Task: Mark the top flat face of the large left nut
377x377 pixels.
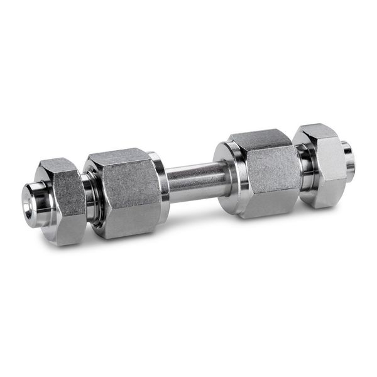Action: [119, 158]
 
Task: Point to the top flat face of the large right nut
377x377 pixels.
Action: [255, 138]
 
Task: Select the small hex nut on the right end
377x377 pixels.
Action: [323, 165]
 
